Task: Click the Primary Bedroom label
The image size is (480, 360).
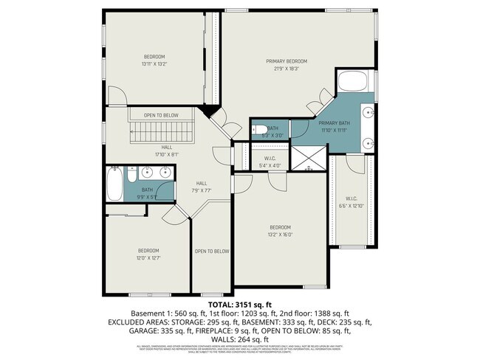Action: [x=286, y=61]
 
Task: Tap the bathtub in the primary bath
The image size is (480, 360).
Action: [x=355, y=82]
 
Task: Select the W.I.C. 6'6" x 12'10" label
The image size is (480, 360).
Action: [x=351, y=201]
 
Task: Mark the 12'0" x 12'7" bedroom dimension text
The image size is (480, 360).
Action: [x=148, y=257]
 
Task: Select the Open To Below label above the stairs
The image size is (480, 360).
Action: [x=160, y=116]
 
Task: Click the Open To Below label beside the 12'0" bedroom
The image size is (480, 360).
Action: [x=211, y=252]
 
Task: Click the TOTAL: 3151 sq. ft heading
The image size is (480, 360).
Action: [x=240, y=304]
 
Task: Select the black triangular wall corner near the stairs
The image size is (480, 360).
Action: [x=209, y=111]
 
